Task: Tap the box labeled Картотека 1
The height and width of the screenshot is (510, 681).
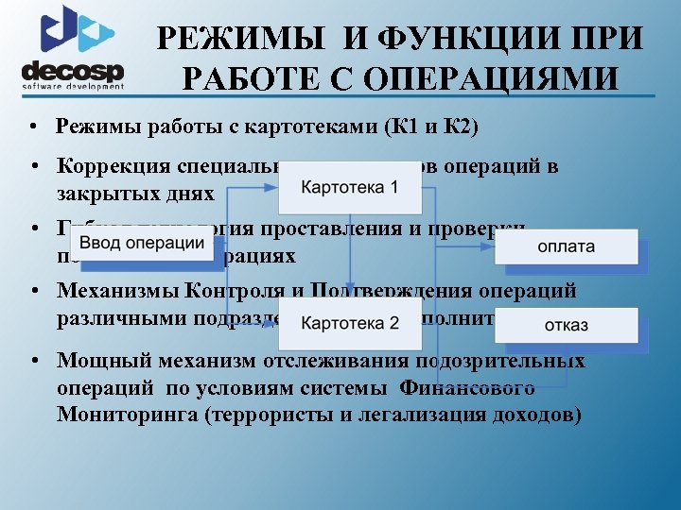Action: point(349,187)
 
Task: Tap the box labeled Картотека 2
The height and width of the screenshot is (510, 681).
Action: point(349,323)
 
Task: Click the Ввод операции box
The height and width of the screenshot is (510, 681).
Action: point(142,244)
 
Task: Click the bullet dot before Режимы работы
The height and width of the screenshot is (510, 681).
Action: point(34,127)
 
